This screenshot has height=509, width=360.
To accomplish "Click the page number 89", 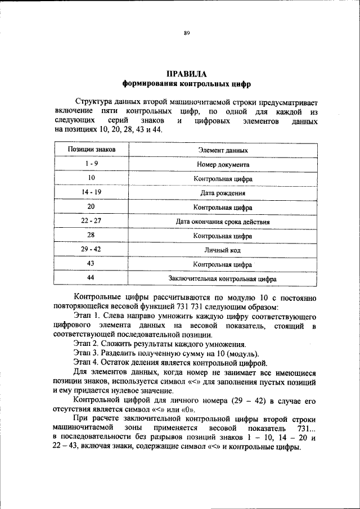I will pos(186,33).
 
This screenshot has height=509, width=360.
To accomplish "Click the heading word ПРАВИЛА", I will pos(186,74).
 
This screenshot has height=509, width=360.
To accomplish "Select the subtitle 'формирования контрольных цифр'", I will pos(186,84).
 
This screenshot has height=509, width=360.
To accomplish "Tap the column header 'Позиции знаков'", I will pos(91,150).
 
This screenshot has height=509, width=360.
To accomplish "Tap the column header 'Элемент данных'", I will pos(223,151).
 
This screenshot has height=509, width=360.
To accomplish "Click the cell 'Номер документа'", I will pos(223,165).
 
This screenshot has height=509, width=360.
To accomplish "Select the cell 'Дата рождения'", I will pos(223,193).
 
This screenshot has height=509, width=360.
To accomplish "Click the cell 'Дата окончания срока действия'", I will pos(223,222).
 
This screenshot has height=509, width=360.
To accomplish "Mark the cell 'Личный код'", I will pos(223,250).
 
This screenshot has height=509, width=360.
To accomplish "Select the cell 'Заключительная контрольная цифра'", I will pos(223,278).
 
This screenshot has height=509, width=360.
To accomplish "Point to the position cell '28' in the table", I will pos(91,235).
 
